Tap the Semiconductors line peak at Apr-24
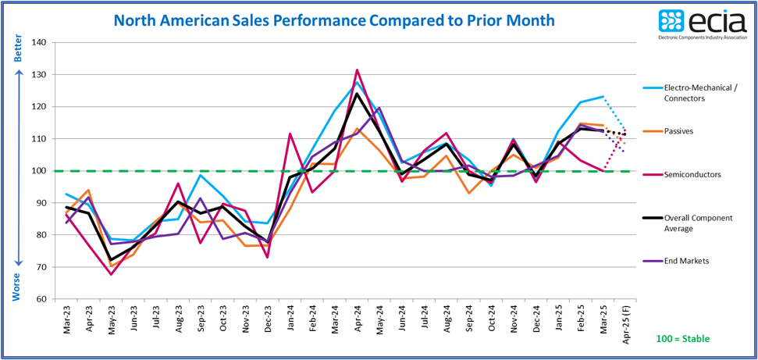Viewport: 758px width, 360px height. [x=357, y=70]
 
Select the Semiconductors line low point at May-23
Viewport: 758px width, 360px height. [x=112, y=274]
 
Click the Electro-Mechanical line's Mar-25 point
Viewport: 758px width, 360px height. [x=603, y=97]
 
